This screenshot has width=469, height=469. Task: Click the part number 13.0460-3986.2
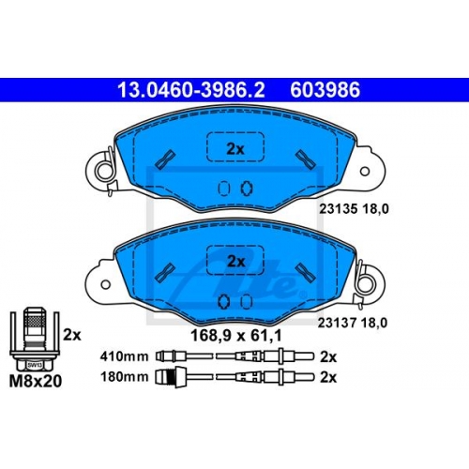[191, 90]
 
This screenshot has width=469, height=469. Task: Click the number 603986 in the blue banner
[325, 90]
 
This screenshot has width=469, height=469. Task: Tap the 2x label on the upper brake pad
[235, 149]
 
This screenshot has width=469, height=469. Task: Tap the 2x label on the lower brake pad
[236, 262]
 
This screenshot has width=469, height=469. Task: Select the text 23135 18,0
[354, 209]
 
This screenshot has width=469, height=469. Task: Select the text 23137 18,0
[353, 323]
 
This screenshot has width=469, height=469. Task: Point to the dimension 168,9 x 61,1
[236, 336]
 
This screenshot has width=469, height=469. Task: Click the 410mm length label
[124, 356]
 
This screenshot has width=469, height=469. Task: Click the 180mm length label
[124, 377]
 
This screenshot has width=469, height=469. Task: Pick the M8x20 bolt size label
[36, 381]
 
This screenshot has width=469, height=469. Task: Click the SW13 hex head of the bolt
[34, 365]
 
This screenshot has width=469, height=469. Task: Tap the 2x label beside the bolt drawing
[72, 335]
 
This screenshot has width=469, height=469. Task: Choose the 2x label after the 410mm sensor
[328, 356]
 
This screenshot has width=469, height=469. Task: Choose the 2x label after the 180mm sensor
[328, 377]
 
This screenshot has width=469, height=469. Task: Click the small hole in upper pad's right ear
[365, 172]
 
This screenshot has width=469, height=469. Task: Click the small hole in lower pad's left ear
[106, 284]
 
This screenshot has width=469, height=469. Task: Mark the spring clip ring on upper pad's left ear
[104, 172]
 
